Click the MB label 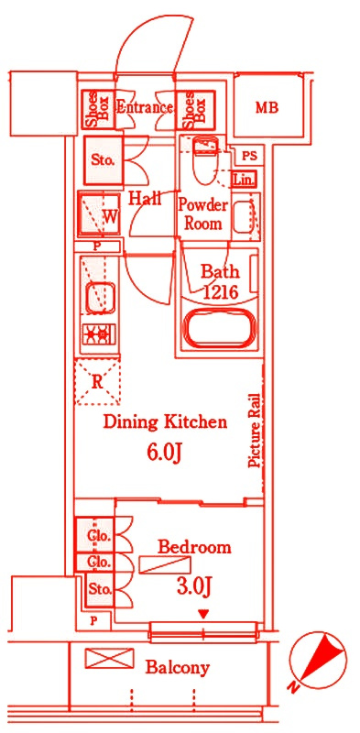[267, 108]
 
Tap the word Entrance [144, 107]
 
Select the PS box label [249, 157]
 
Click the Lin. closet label [244, 180]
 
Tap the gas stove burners [97, 334]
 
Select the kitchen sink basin [100, 297]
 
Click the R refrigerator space [97, 382]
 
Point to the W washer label [109, 216]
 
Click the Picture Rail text [255, 429]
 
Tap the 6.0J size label [164, 453]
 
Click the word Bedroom [194, 547]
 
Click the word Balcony [177, 668]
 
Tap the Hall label [145, 199]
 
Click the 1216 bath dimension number [221, 292]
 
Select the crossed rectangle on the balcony [109, 658]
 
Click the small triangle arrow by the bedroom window [203, 614]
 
